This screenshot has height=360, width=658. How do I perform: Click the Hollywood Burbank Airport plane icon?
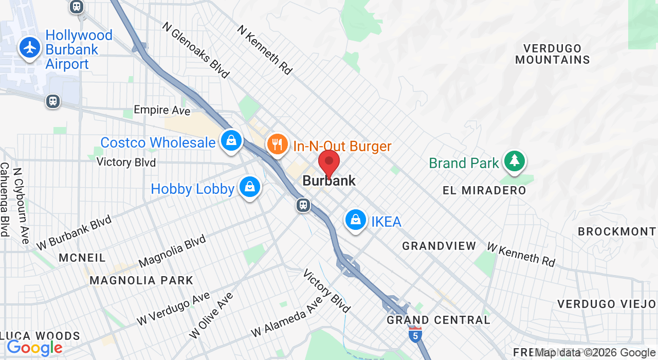30,48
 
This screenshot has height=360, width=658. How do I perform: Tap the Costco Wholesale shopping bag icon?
231,140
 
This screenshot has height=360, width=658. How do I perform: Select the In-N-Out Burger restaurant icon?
277,143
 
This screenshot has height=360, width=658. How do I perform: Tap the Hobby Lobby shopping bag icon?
250,187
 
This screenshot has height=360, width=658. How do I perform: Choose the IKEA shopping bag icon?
355,220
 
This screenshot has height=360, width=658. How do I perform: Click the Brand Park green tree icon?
514,161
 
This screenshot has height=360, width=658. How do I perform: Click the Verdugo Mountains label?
553,54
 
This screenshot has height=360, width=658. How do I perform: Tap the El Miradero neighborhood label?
484,191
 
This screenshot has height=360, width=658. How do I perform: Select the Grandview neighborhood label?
439,246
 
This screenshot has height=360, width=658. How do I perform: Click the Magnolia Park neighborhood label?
141,280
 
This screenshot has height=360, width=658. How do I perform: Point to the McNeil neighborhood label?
82,257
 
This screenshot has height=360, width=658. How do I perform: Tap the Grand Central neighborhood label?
438,320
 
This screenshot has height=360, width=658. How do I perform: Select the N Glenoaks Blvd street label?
196,50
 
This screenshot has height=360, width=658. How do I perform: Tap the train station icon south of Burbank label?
303,205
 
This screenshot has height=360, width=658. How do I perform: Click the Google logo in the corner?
34,348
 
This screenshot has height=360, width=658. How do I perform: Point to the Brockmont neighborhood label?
617,231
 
